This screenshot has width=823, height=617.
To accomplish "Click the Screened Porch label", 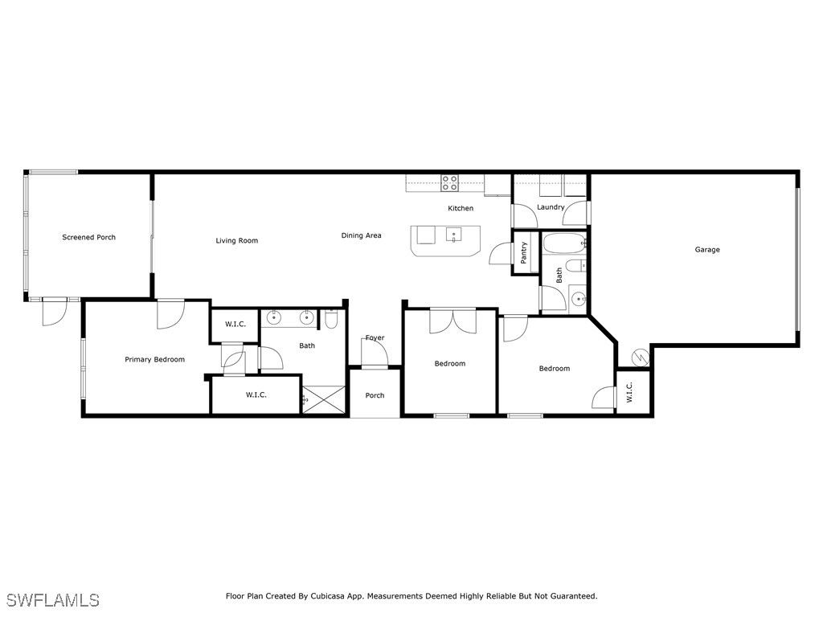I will pos(89,238).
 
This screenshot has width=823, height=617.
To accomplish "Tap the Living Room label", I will pos(236,240).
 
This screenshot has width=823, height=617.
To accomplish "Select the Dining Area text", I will pos(361,235).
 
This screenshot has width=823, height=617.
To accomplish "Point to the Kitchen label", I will pos(461,208).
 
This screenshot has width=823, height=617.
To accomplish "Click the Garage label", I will pos(707,250).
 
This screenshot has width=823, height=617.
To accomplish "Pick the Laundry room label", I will pos(551,207).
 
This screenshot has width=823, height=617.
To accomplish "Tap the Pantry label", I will pos(524,252).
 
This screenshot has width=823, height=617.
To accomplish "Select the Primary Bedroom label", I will pos(154,359).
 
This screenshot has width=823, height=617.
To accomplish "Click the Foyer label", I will pos(375,338).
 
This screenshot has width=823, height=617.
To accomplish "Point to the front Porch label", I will pos(375,395).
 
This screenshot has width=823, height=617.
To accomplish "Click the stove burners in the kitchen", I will pos(449,183).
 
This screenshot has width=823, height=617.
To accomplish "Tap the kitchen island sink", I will pos(452,236).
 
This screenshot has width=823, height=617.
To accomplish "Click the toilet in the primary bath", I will pos(331,319).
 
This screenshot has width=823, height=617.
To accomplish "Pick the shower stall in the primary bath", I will pos(324,399).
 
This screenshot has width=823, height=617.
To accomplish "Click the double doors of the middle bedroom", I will pos(452,320).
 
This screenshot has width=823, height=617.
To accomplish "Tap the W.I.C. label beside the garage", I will pos(629,392).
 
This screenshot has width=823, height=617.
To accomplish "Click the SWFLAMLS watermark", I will pos(52,600).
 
